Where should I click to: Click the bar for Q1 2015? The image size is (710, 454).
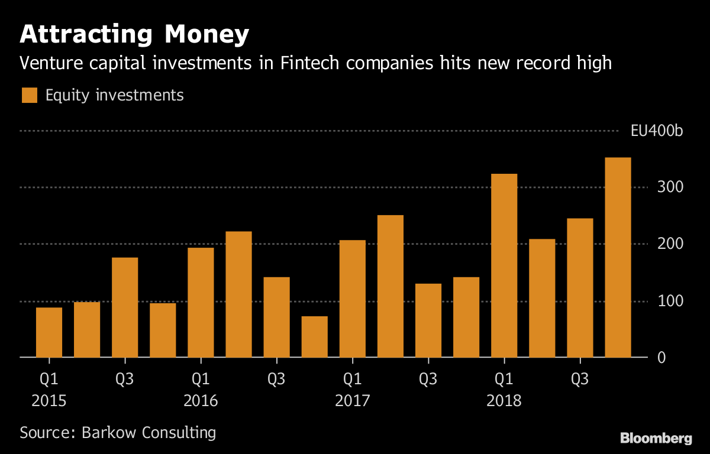[x=49, y=332]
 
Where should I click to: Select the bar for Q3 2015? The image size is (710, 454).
[x=125, y=307]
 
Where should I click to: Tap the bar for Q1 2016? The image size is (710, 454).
[x=201, y=303]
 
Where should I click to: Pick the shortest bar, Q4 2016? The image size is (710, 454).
[x=314, y=337]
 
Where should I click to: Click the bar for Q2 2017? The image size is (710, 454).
[x=390, y=286]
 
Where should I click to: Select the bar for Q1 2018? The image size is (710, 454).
[x=504, y=265]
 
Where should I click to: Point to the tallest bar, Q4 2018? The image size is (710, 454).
[x=618, y=257]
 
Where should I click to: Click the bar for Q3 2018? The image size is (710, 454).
[x=580, y=288]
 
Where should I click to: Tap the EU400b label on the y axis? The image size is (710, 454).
[x=657, y=131]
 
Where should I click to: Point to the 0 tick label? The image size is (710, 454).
[x=661, y=358]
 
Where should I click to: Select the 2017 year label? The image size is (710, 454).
[x=352, y=401]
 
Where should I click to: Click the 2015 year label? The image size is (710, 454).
[x=49, y=401]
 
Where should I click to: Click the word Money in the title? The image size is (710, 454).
[x=206, y=35]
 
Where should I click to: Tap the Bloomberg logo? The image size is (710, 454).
[x=656, y=438]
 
